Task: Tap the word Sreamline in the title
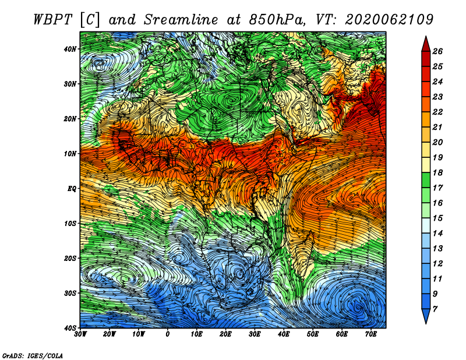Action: (x=166, y=19)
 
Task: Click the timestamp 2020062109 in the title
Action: (x=389, y=19)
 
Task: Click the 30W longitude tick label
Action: (x=81, y=334)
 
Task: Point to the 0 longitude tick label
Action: (x=168, y=334)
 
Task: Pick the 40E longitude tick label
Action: (x=284, y=334)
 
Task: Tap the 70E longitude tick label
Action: (x=370, y=334)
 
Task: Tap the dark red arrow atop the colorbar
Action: (x=426, y=44)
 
